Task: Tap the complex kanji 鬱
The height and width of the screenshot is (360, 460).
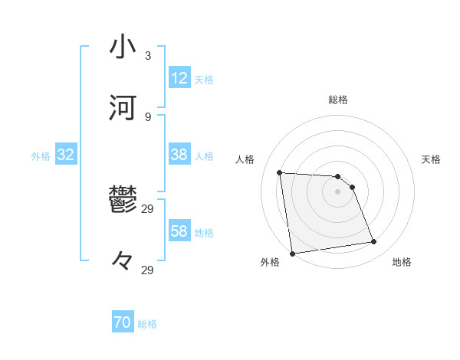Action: pos(123,200)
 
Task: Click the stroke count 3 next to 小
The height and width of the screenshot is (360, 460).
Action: pos(148,56)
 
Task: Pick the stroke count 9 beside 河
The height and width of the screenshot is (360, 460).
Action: pos(148,117)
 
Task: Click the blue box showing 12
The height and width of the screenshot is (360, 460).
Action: pos(179,78)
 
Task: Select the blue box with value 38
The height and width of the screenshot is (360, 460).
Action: pos(179,155)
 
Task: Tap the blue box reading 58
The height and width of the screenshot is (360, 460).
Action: pos(179,231)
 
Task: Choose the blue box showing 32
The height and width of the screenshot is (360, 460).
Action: pos(66,155)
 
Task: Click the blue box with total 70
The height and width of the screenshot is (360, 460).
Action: pos(123,323)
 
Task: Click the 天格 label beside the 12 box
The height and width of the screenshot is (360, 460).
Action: pos(204,79)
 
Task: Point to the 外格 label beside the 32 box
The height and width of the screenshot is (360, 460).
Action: pos(41,155)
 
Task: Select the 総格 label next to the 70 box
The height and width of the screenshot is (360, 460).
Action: pos(147,324)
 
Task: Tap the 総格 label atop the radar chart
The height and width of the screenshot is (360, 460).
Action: pos(338,100)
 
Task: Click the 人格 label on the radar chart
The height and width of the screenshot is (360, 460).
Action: pos(245,159)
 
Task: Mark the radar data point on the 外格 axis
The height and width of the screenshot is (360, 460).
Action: pos(291,253)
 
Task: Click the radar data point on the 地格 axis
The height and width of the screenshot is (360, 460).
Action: pos(374,242)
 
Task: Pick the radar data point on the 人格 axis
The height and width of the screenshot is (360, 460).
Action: pos(280,172)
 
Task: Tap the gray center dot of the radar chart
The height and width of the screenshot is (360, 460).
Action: pos(338,191)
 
